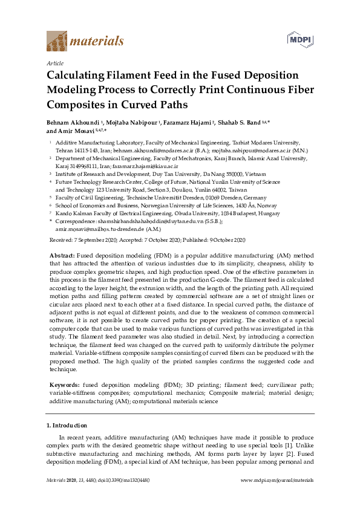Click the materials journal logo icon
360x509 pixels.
[57, 41]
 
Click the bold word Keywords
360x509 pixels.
[65, 384]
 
